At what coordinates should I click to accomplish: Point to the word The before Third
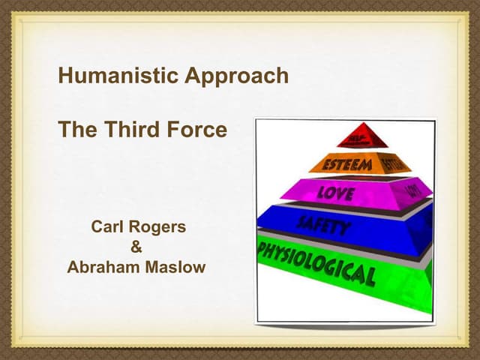coord(77,130)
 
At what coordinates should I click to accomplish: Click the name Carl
coord(107,226)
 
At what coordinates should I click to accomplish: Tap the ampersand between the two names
coord(136,247)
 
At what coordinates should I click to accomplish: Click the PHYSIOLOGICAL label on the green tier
coord(315,263)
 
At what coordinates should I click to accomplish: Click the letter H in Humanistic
coord(65,76)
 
